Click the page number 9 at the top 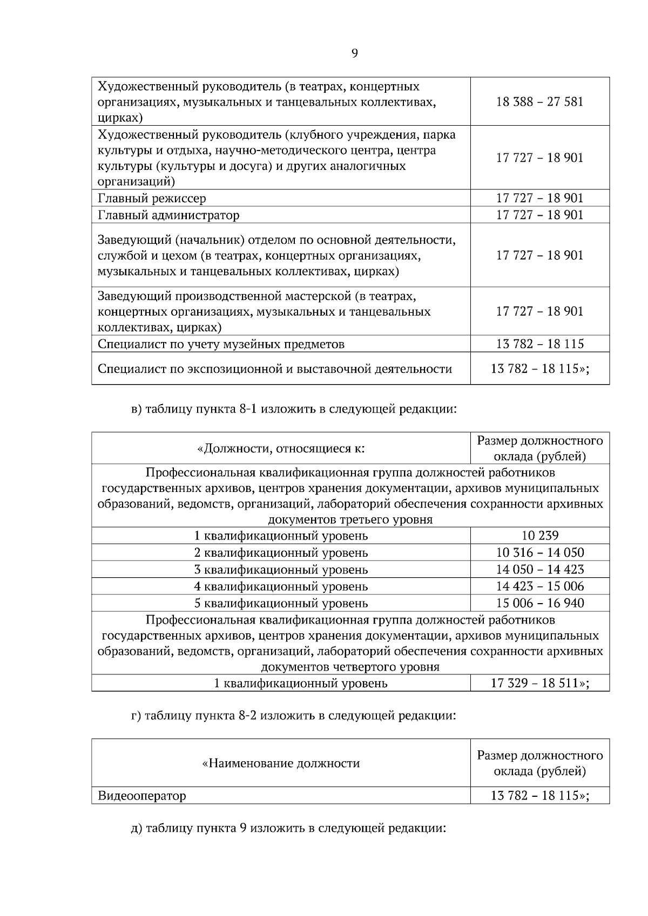click(x=354, y=53)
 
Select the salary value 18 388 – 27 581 click(x=539, y=102)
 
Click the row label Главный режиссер click(x=152, y=199)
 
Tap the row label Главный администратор click(x=168, y=215)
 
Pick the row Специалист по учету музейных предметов click(x=221, y=344)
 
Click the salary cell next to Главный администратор click(x=539, y=215)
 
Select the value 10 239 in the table click(x=539, y=536)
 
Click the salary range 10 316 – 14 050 click(x=539, y=552)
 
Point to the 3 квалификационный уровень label click(x=281, y=570)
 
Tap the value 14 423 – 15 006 click(x=539, y=586)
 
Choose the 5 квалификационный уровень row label click(x=281, y=603)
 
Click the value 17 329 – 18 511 click(x=539, y=683)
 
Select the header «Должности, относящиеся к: click(x=281, y=448)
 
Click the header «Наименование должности click(x=281, y=763)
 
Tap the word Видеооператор click(x=142, y=796)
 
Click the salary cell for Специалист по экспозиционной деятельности click(x=539, y=369)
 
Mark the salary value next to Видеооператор click(x=539, y=796)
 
